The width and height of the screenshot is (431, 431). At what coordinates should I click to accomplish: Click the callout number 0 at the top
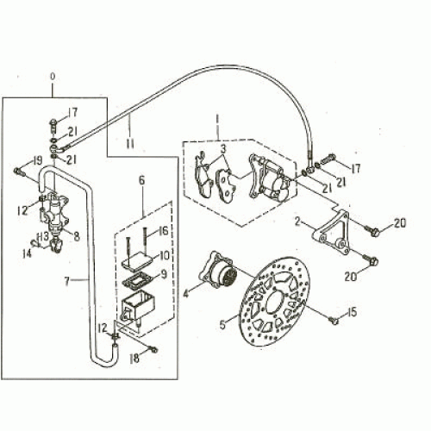tap(53, 77)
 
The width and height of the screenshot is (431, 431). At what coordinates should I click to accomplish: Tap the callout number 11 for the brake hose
tap(131, 137)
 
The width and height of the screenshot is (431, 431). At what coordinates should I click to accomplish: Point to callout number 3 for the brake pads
tap(222, 149)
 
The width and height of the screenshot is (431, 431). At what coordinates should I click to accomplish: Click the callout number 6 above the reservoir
tap(142, 181)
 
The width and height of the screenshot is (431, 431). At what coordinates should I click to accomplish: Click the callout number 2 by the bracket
tap(297, 222)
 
